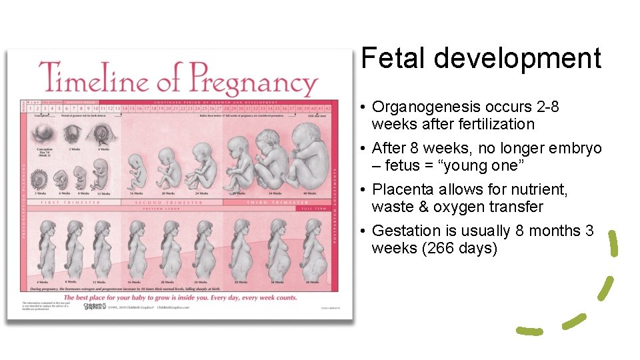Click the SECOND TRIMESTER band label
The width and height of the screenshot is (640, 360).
coord(169,202)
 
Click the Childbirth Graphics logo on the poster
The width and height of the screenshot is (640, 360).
coord(95,307)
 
